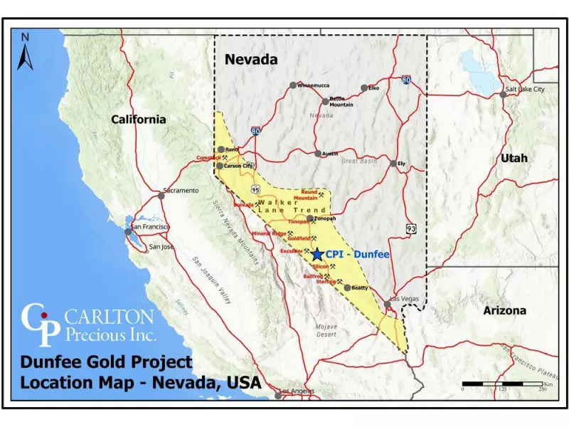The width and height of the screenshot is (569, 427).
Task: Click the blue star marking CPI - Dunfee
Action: tap(317, 254)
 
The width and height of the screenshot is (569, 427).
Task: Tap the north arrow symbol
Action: tap(26, 53)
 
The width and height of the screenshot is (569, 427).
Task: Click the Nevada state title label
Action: tap(251, 60)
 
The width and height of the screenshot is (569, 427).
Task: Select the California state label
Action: tap(138, 119)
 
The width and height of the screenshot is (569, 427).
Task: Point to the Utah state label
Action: tap(514, 157)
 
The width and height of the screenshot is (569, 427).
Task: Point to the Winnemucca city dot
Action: tap(292, 85)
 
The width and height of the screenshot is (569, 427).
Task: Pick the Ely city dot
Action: tap(393, 163)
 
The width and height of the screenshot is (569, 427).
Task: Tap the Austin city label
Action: tap(330, 153)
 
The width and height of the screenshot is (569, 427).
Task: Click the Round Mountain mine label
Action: tap(309, 195)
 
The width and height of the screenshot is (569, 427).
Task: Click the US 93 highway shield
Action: tap(411, 228)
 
